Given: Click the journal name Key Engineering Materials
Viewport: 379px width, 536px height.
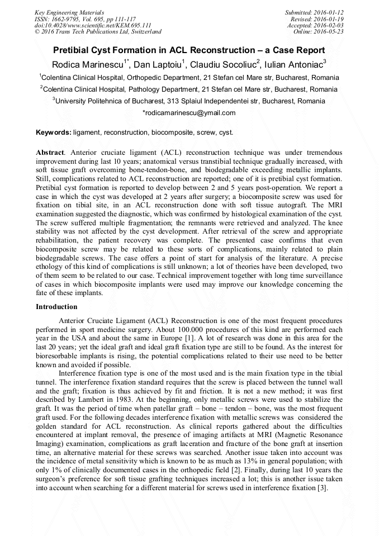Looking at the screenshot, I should point(69,12).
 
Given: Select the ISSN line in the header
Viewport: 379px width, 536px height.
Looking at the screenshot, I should point(85,18).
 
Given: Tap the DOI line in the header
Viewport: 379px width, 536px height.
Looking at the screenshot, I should point(93,25).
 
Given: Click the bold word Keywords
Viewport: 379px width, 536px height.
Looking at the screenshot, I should point(53,132).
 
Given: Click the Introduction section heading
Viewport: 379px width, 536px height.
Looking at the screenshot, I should point(56,307).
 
